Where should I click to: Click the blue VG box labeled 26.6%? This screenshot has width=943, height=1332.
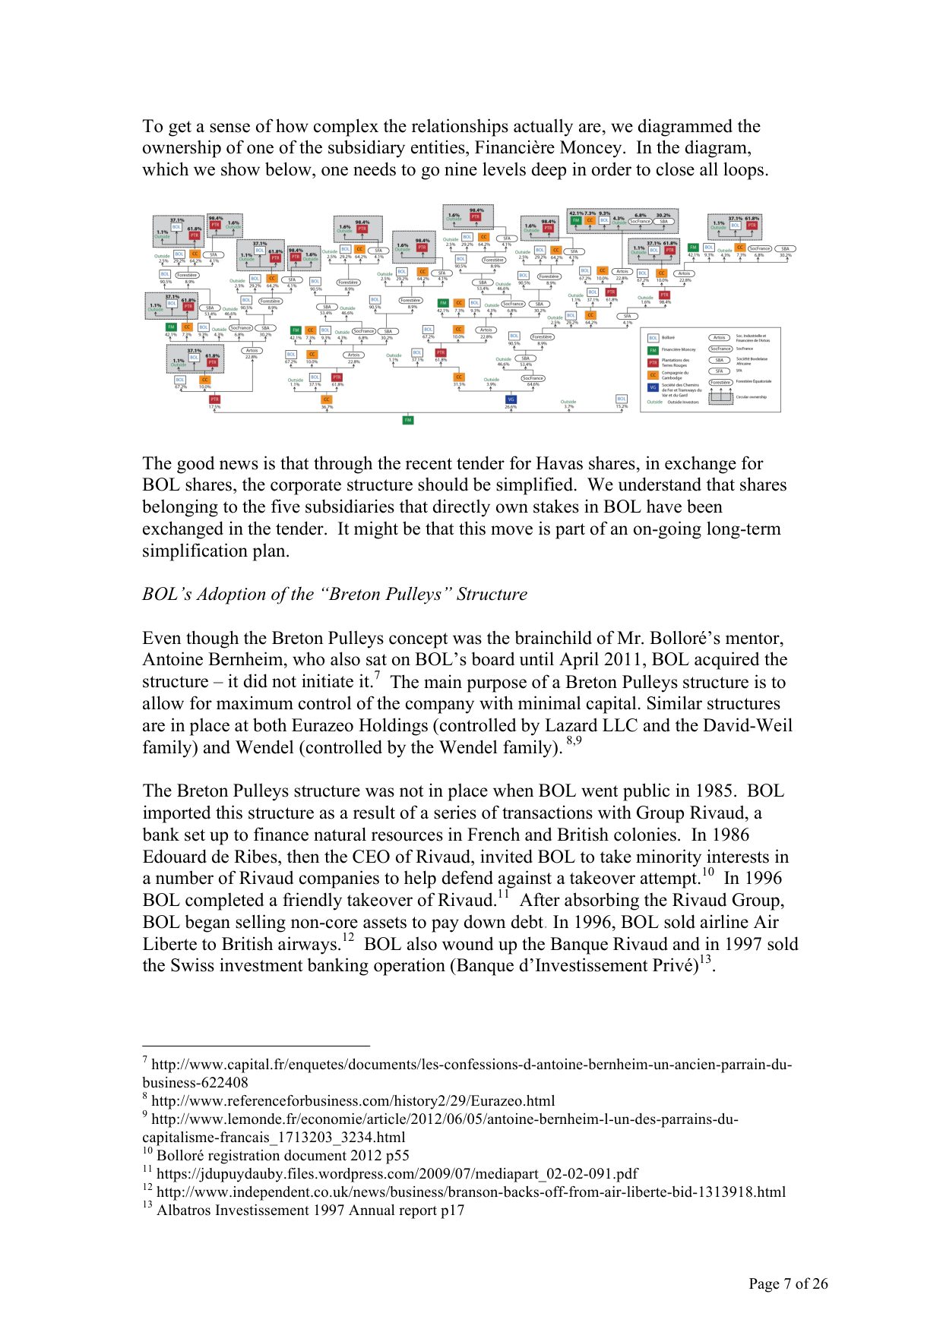click(x=511, y=399)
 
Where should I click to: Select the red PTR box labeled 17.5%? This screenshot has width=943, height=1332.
click(x=214, y=399)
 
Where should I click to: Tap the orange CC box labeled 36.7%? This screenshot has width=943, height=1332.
click(x=327, y=399)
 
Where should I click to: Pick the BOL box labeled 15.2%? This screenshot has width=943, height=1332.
click(x=622, y=399)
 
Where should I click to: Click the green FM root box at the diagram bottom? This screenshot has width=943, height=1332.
click(x=408, y=419)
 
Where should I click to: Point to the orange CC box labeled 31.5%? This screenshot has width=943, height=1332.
click(x=459, y=377)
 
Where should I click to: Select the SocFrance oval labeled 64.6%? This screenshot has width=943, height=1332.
click(x=533, y=378)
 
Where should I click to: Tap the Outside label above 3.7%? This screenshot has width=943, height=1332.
click(x=568, y=402)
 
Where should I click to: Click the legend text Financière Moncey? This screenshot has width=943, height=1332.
click(x=679, y=350)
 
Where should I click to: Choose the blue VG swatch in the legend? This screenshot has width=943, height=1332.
click(x=653, y=387)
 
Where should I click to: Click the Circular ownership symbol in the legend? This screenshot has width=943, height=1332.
click(x=720, y=396)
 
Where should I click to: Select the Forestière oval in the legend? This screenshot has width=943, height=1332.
click(x=720, y=382)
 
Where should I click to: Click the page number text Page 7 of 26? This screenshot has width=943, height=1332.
click(x=788, y=1283)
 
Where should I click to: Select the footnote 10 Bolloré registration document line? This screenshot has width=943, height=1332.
click(x=282, y=1155)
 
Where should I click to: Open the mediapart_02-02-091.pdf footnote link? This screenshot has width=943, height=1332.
click(x=397, y=1173)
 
